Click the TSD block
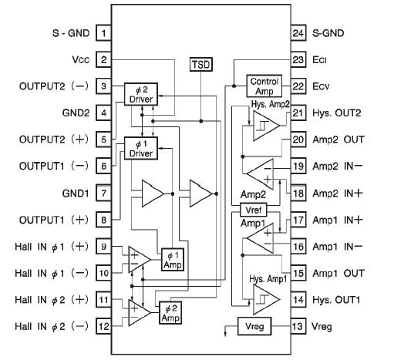(200, 64)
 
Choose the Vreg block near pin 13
(254, 326)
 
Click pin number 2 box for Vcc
(103, 59)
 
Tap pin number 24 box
(298, 33)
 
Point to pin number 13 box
(298, 326)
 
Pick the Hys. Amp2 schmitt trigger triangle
(260, 122)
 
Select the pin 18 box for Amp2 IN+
(298, 193)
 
